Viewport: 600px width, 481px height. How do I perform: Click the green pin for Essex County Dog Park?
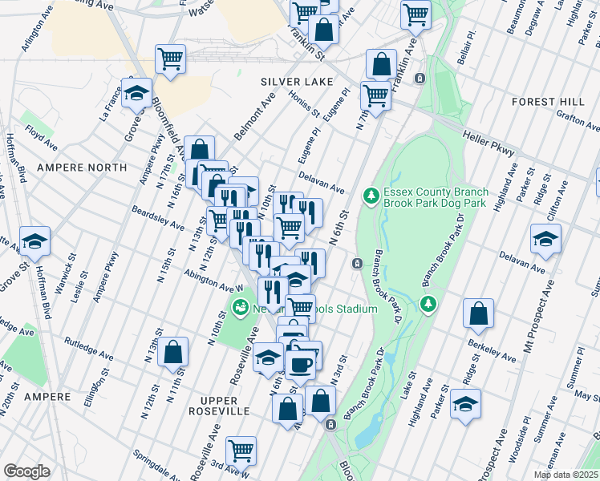(370, 195)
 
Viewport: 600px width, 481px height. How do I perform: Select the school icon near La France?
(136, 93)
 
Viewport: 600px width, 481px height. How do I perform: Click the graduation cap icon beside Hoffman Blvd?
(35, 240)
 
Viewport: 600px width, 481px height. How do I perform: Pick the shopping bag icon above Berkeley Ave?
(478, 315)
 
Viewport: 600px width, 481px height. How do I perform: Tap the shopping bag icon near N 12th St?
(172, 352)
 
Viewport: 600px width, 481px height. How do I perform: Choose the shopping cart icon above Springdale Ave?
(241, 451)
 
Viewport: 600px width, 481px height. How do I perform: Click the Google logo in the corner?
(26, 471)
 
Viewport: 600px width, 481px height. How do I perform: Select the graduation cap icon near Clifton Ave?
(545, 240)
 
